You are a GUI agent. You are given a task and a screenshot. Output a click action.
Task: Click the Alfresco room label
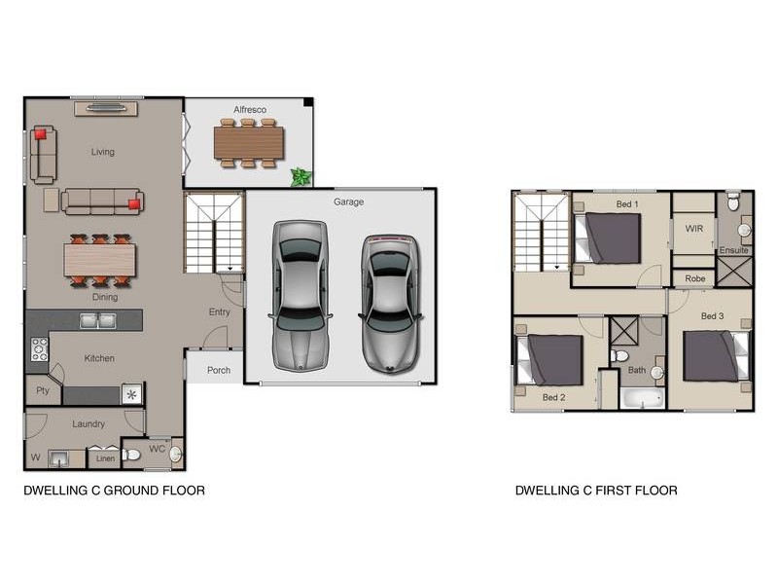[x=250, y=109]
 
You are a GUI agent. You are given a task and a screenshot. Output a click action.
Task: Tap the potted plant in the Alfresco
[x=301, y=177]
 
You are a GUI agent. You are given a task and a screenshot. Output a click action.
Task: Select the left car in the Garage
[x=301, y=296]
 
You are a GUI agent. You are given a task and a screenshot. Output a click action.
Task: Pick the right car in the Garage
[x=391, y=305]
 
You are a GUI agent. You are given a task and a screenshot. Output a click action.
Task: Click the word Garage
[x=348, y=201]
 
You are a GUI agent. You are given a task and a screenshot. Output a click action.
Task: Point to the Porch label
[x=218, y=370]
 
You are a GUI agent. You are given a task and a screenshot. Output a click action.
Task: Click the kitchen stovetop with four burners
[x=39, y=349]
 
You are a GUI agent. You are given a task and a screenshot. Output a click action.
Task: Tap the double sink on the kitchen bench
[x=98, y=321]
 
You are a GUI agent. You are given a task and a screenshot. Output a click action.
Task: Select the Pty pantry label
[x=43, y=391]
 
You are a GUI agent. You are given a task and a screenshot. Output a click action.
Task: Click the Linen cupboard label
[x=105, y=458]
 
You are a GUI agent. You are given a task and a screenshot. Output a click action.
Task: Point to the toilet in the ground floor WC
[x=131, y=454]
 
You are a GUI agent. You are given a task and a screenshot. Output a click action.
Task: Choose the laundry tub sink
[x=59, y=458]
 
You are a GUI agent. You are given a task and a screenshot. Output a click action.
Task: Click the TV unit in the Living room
[x=106, y=108]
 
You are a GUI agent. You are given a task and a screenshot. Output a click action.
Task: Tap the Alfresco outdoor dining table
[x=249, y=143]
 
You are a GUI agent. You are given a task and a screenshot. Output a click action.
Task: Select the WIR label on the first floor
[x=693, y=229]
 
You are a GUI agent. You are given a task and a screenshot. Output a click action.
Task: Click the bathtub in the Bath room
[x=642, y=398]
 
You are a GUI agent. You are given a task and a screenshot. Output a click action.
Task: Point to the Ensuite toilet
[x=733, y=203]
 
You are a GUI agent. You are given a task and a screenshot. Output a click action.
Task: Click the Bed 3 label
[x=712, y=315]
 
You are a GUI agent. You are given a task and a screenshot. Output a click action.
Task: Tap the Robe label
[x=694, y=278]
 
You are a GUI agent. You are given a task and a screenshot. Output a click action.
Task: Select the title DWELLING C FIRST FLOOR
[x=596, y=491]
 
